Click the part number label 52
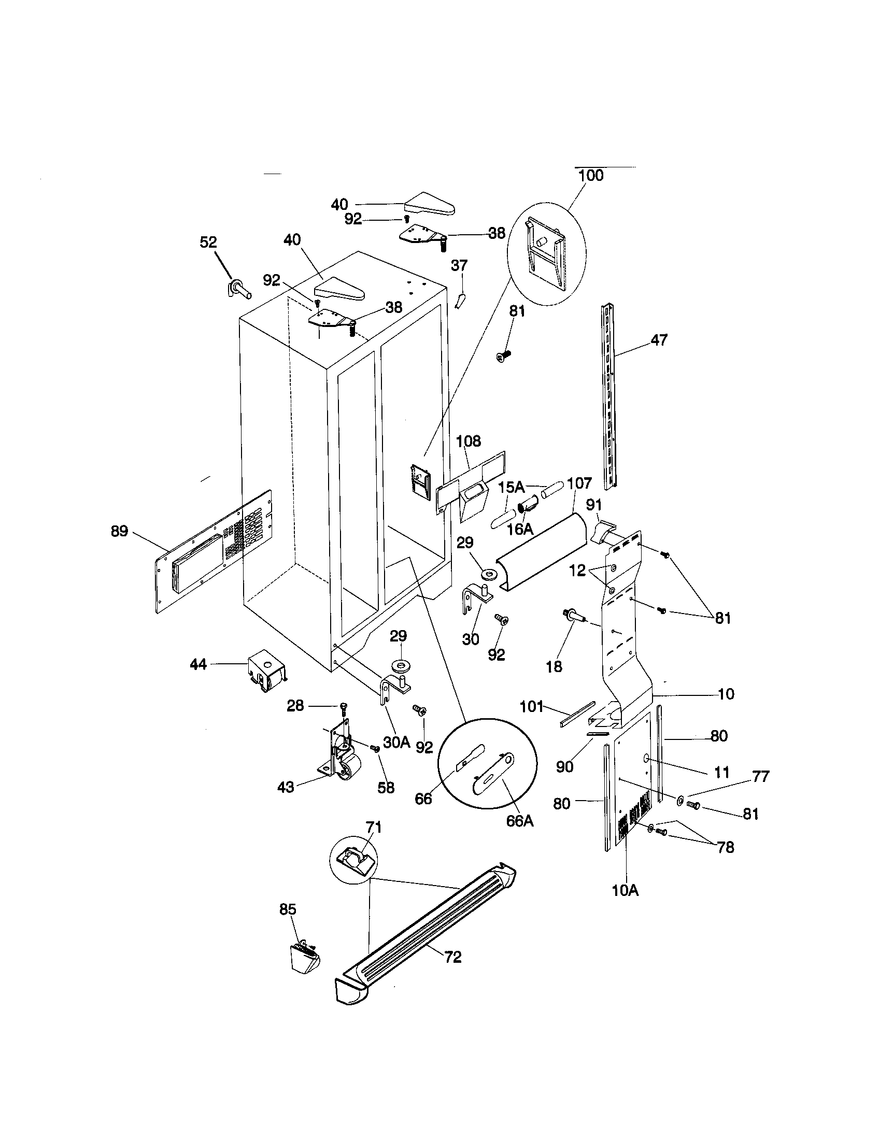coord(208,242)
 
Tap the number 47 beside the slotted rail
coord(659,340)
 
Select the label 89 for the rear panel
coord(119,531)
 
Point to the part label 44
coord(198,664)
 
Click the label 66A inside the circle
coord(519,821)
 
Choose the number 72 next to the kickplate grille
coord(452,957)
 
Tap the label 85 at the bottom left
coord(288,909)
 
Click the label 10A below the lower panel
coord(626,890)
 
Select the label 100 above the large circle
coord(591,175)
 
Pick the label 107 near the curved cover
coord(579,483)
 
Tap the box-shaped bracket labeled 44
coord(266,671)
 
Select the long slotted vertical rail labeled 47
coord(608,397)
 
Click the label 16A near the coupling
coord(520,529)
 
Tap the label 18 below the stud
coord(554,666)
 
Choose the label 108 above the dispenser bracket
coord(468,441)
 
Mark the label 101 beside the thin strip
coord(531,707)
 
